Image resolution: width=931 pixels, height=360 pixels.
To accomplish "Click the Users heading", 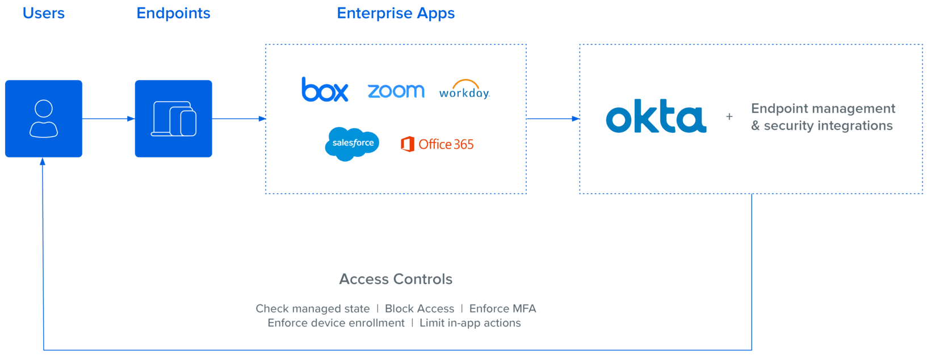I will point(44,13).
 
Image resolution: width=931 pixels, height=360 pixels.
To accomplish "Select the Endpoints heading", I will point(174,13).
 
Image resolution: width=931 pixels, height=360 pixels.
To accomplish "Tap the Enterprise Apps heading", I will point(396,13).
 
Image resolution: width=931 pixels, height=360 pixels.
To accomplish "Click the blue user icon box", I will point(44,119).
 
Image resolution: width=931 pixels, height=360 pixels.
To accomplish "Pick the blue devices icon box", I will point(174,119).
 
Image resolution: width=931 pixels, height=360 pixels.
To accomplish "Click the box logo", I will point(325,90).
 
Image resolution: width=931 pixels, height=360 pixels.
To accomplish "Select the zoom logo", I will point(396,90).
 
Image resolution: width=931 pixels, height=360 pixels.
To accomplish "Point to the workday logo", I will point(464,90).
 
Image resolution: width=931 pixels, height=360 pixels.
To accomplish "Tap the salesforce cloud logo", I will point(352,143).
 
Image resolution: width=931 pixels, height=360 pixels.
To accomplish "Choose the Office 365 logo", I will point(437,144).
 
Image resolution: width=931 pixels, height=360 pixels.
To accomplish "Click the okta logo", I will point(656,116).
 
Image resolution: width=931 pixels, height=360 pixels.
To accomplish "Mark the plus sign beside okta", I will point(729,117).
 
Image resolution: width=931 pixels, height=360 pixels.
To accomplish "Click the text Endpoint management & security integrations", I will point(823,117).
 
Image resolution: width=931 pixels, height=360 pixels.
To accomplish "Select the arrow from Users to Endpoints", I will point(108,119).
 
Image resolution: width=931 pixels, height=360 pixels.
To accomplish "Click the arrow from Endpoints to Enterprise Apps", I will point(239,119).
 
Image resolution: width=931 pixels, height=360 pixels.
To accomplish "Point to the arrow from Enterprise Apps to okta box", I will point(553,119).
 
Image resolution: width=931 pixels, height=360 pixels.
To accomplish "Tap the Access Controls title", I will point(396,279).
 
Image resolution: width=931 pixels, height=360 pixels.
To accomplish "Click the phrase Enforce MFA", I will point(502,309).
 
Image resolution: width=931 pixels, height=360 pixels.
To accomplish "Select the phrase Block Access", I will point(420,309).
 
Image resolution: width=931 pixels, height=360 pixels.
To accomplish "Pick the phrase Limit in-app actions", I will point(470,323).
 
